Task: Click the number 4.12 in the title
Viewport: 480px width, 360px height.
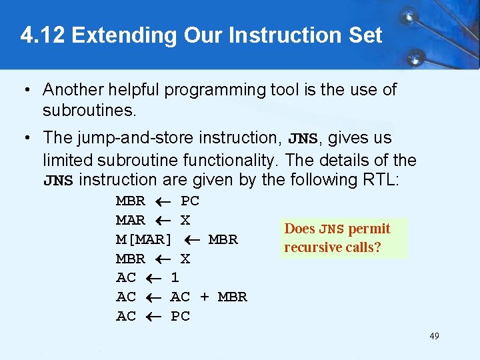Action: click(43, 35)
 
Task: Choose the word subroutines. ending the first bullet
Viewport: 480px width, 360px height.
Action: click(89, 109)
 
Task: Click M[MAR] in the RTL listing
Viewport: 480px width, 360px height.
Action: click(144, 239)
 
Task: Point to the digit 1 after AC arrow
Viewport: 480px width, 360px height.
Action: click(175, 278)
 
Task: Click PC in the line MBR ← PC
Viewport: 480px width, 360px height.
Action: click(190, 201)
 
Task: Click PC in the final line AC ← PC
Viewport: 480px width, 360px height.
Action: click(180, 317)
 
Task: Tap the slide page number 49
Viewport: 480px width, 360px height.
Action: click(434, 336)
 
